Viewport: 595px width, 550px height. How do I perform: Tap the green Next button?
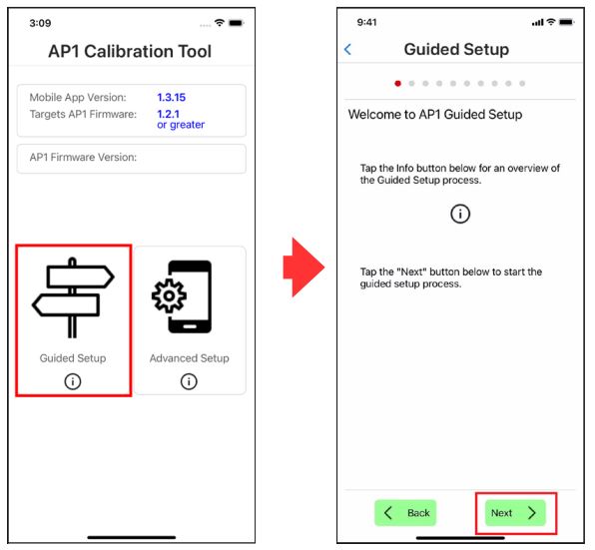[x=515, y=513]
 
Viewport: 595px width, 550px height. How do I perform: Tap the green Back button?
[x=405, y=513]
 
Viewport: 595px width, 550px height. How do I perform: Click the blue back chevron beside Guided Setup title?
[x=347, y=49]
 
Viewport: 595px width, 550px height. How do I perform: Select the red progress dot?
[x=397, y=84]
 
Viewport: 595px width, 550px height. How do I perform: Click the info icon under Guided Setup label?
[x=73, y=381]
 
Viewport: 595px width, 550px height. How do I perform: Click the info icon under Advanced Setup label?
[x=189, y=381]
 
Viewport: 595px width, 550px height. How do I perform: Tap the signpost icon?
[x=73, y=298]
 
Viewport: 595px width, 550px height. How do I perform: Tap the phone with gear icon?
[x=182, y=297]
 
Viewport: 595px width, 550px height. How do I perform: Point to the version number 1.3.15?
[x=171, y=98]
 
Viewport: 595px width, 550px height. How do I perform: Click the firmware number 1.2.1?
[x=168, y=114]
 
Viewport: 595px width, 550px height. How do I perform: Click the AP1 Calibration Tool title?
[x=130, y=51]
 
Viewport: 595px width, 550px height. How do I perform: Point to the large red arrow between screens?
[x=303, y=268]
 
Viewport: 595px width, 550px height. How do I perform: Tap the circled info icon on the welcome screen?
[x=460, y=214]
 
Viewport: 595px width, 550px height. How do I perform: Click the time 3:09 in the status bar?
[x=40, y=23]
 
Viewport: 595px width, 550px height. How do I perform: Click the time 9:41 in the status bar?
[x=367, y=22]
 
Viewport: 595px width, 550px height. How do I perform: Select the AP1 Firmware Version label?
[x=83, y=158]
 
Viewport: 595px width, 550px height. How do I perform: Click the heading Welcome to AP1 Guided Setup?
[x=435, y=115]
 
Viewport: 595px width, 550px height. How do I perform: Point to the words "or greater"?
[x=181, y=125]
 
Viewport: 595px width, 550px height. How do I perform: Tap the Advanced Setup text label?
[x=190, y=358]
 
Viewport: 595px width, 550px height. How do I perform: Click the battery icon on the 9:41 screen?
[x=566, y=22]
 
